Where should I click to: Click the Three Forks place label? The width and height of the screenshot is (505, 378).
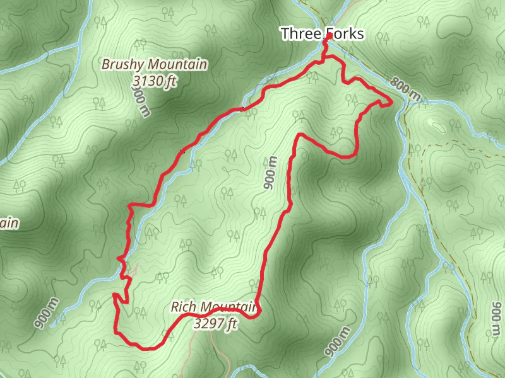point(322,33)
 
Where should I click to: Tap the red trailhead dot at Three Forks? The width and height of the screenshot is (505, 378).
point(329,37)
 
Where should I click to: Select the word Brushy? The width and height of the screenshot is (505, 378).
point(122,64)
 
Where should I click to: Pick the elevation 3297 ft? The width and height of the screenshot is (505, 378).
point(216,324)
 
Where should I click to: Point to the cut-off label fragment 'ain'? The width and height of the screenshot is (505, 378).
point(8,223)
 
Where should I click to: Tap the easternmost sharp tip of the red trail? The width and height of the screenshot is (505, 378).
point(391,101)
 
